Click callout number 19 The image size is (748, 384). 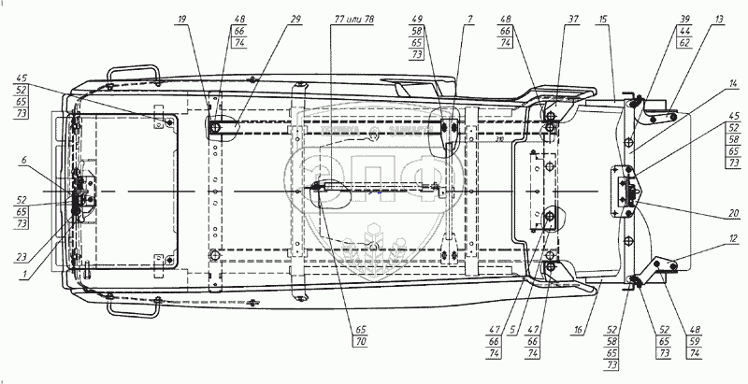tap(180, 19)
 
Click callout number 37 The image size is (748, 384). tap(570, 19)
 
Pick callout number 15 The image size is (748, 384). tap(603, 19)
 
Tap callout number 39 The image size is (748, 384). tap(685, 19)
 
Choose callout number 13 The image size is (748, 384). tap(718, 19)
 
